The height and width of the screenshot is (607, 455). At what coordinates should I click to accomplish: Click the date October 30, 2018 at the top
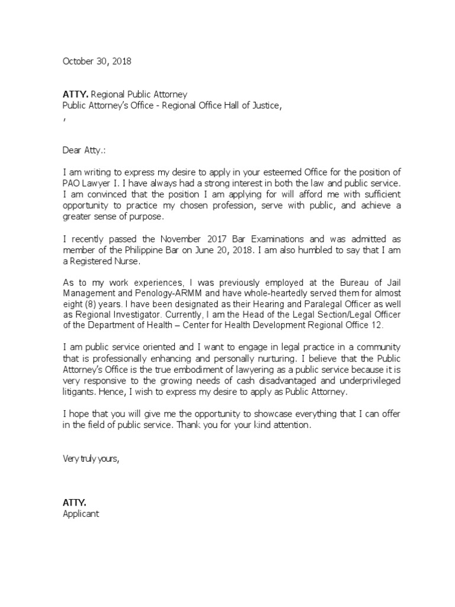[97, 61]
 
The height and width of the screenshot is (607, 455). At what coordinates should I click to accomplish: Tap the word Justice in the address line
[258, 106]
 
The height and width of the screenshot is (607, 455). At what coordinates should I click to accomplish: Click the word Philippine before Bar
[153, 250]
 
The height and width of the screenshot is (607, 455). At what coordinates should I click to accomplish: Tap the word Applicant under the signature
[81, 514]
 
